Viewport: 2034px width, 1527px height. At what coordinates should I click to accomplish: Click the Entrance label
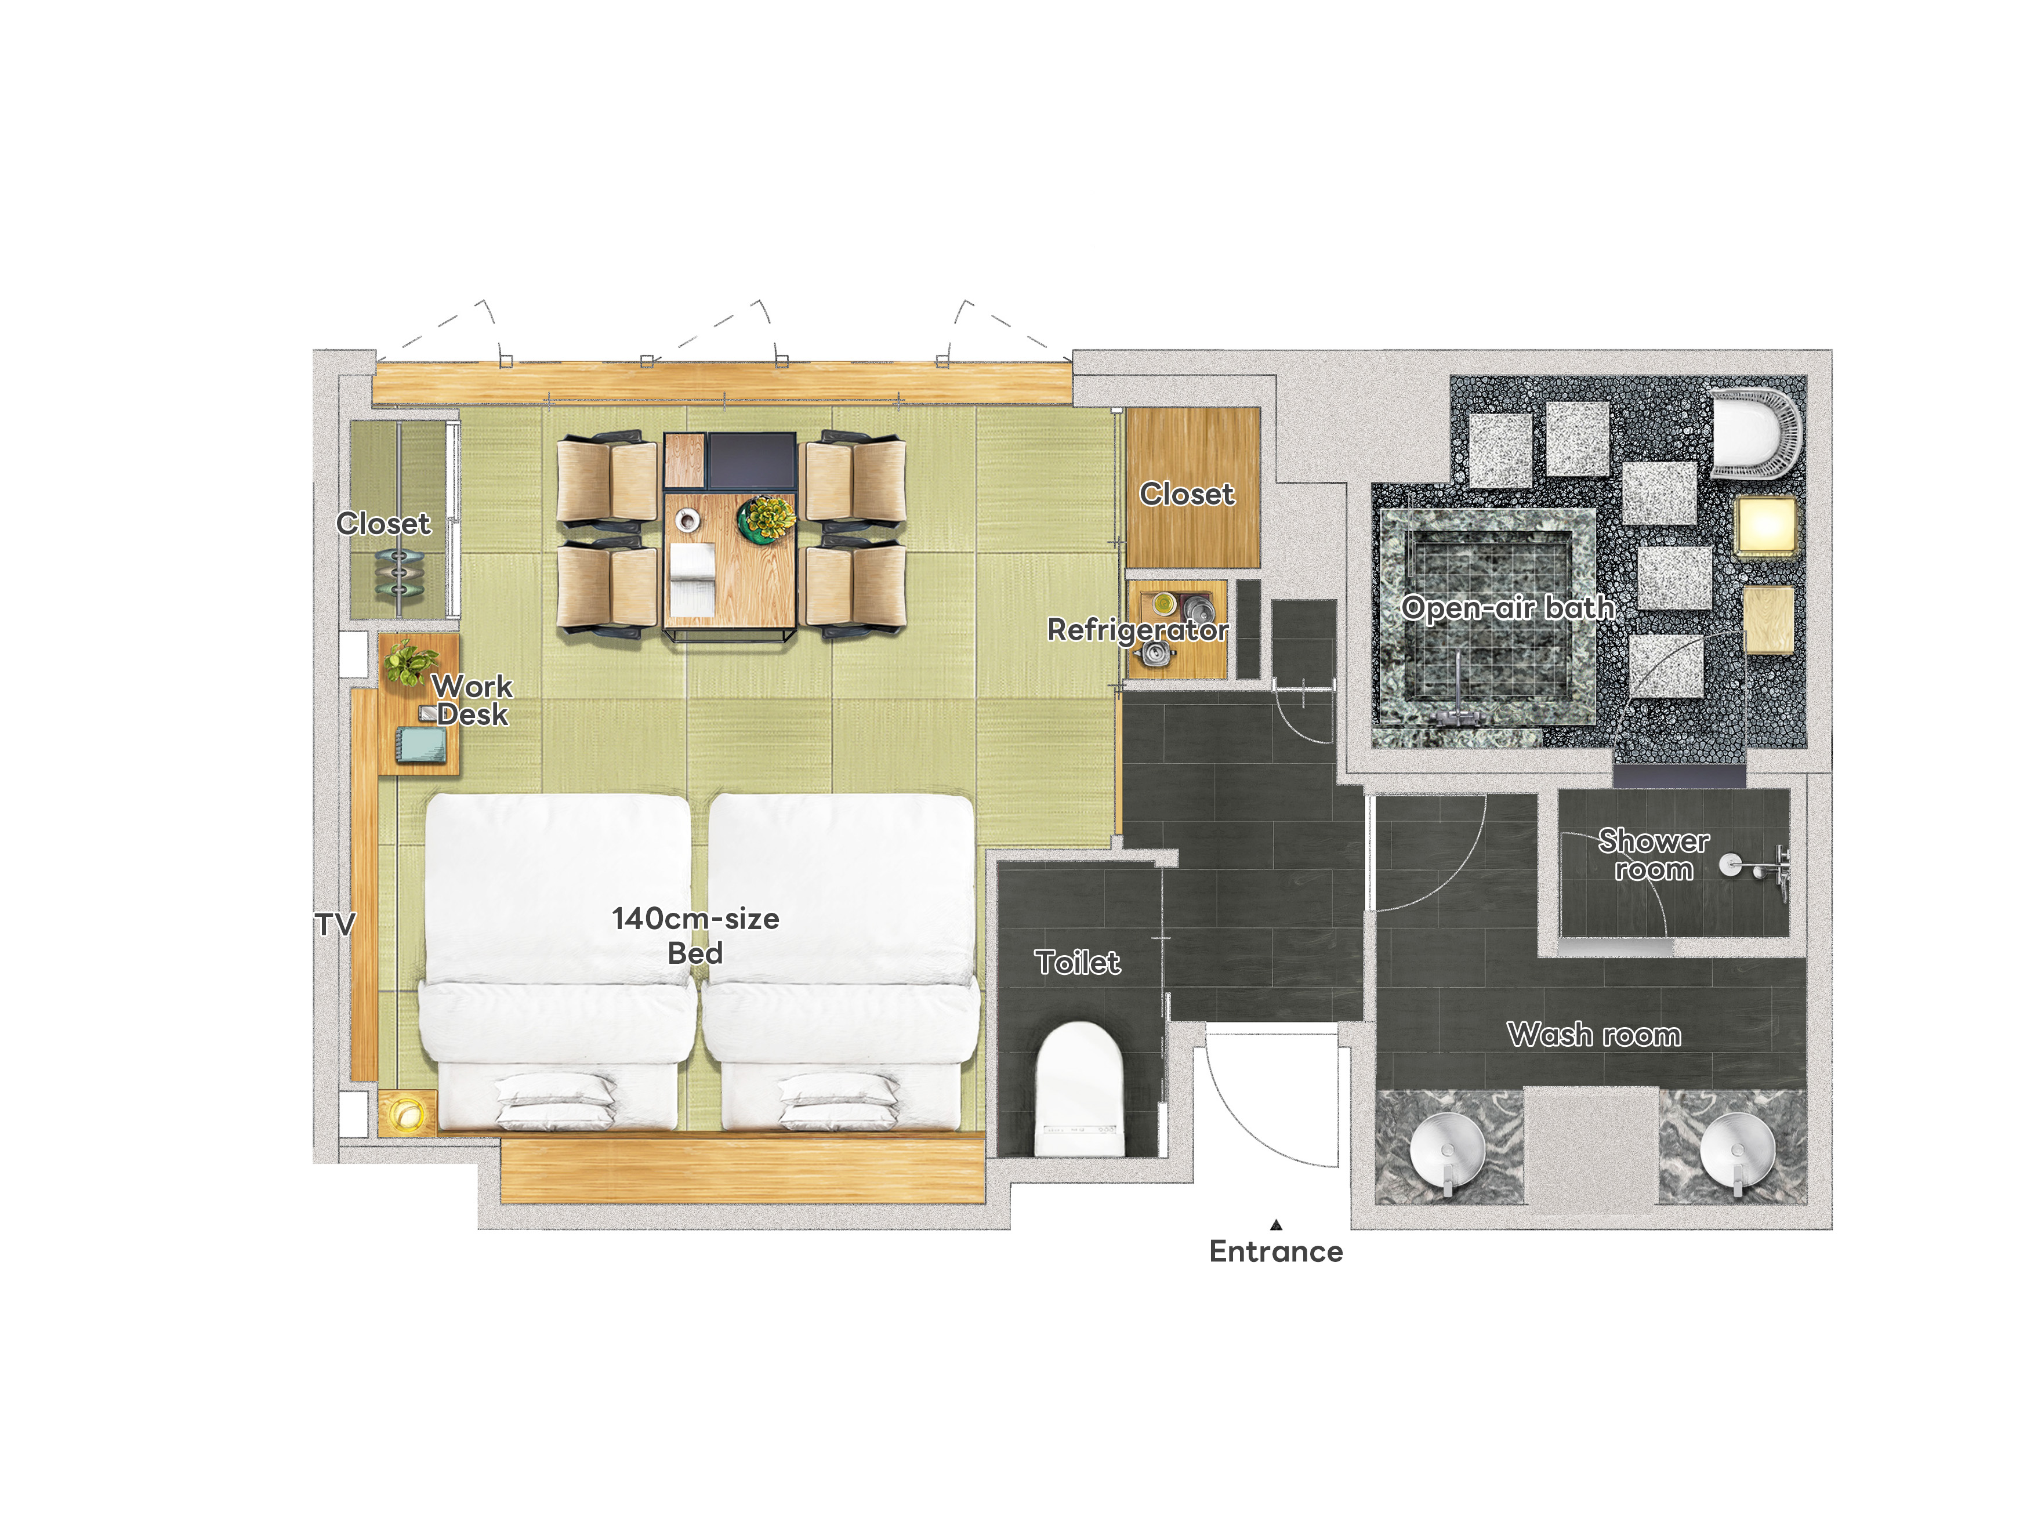click(1275, 1251)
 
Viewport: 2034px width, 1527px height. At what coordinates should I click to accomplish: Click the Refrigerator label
click(1137, 630)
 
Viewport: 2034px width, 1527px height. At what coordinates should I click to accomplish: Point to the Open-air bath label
click(1507, 608)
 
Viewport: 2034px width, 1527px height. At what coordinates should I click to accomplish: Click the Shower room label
click(1654, 855)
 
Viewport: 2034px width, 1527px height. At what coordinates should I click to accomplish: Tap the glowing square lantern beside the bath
click(1765, 526)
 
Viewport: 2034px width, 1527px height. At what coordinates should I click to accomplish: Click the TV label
click(335, 925)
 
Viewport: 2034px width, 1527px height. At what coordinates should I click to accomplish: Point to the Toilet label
click(1077, 963)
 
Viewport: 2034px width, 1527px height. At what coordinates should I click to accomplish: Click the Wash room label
click(1594, 1035)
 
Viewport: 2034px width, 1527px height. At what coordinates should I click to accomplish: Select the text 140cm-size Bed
click(695, 935)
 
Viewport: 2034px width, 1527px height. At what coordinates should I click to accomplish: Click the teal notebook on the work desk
click(421, 745)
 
